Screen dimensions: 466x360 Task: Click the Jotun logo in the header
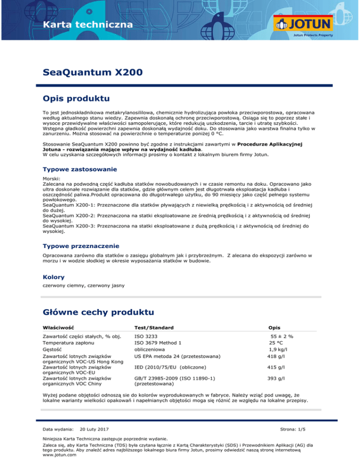coord(305,24)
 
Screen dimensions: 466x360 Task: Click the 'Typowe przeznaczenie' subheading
coord(81,246)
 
